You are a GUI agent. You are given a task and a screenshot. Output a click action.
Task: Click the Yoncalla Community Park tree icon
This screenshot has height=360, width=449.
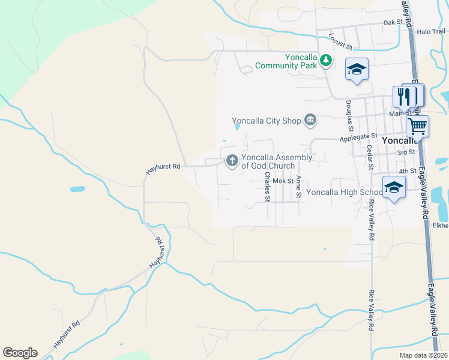pos(325,59)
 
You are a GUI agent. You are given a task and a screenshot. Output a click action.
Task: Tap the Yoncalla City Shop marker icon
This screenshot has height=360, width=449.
pos(310,121)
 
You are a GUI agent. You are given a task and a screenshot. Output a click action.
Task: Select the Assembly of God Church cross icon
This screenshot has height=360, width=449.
pos(232,161)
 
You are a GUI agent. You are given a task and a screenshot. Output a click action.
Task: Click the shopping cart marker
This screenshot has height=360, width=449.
pos(417,126)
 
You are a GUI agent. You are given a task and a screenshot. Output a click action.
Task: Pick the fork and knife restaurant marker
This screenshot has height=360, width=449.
pos(405,96)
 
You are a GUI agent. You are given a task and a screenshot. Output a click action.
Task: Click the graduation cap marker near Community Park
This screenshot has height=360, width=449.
pos(357,70)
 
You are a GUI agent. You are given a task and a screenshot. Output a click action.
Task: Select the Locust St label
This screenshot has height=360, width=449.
pos(340,41)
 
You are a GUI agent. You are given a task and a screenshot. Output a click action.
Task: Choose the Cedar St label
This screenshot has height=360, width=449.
pos(369,157)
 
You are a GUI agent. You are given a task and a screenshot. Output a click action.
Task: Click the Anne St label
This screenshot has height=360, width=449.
pos(297,187)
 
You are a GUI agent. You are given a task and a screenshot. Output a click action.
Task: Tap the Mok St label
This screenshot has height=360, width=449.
pos(282,180)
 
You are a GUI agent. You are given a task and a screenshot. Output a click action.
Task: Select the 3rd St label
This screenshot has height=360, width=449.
pos(406,152)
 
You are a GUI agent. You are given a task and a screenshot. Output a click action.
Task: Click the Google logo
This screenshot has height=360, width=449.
pos(20,353)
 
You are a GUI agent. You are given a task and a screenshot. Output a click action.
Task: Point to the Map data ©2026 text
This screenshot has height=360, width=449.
pos(423,355)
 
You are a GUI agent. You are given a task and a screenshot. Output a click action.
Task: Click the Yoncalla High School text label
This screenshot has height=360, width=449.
pos(343,193)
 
